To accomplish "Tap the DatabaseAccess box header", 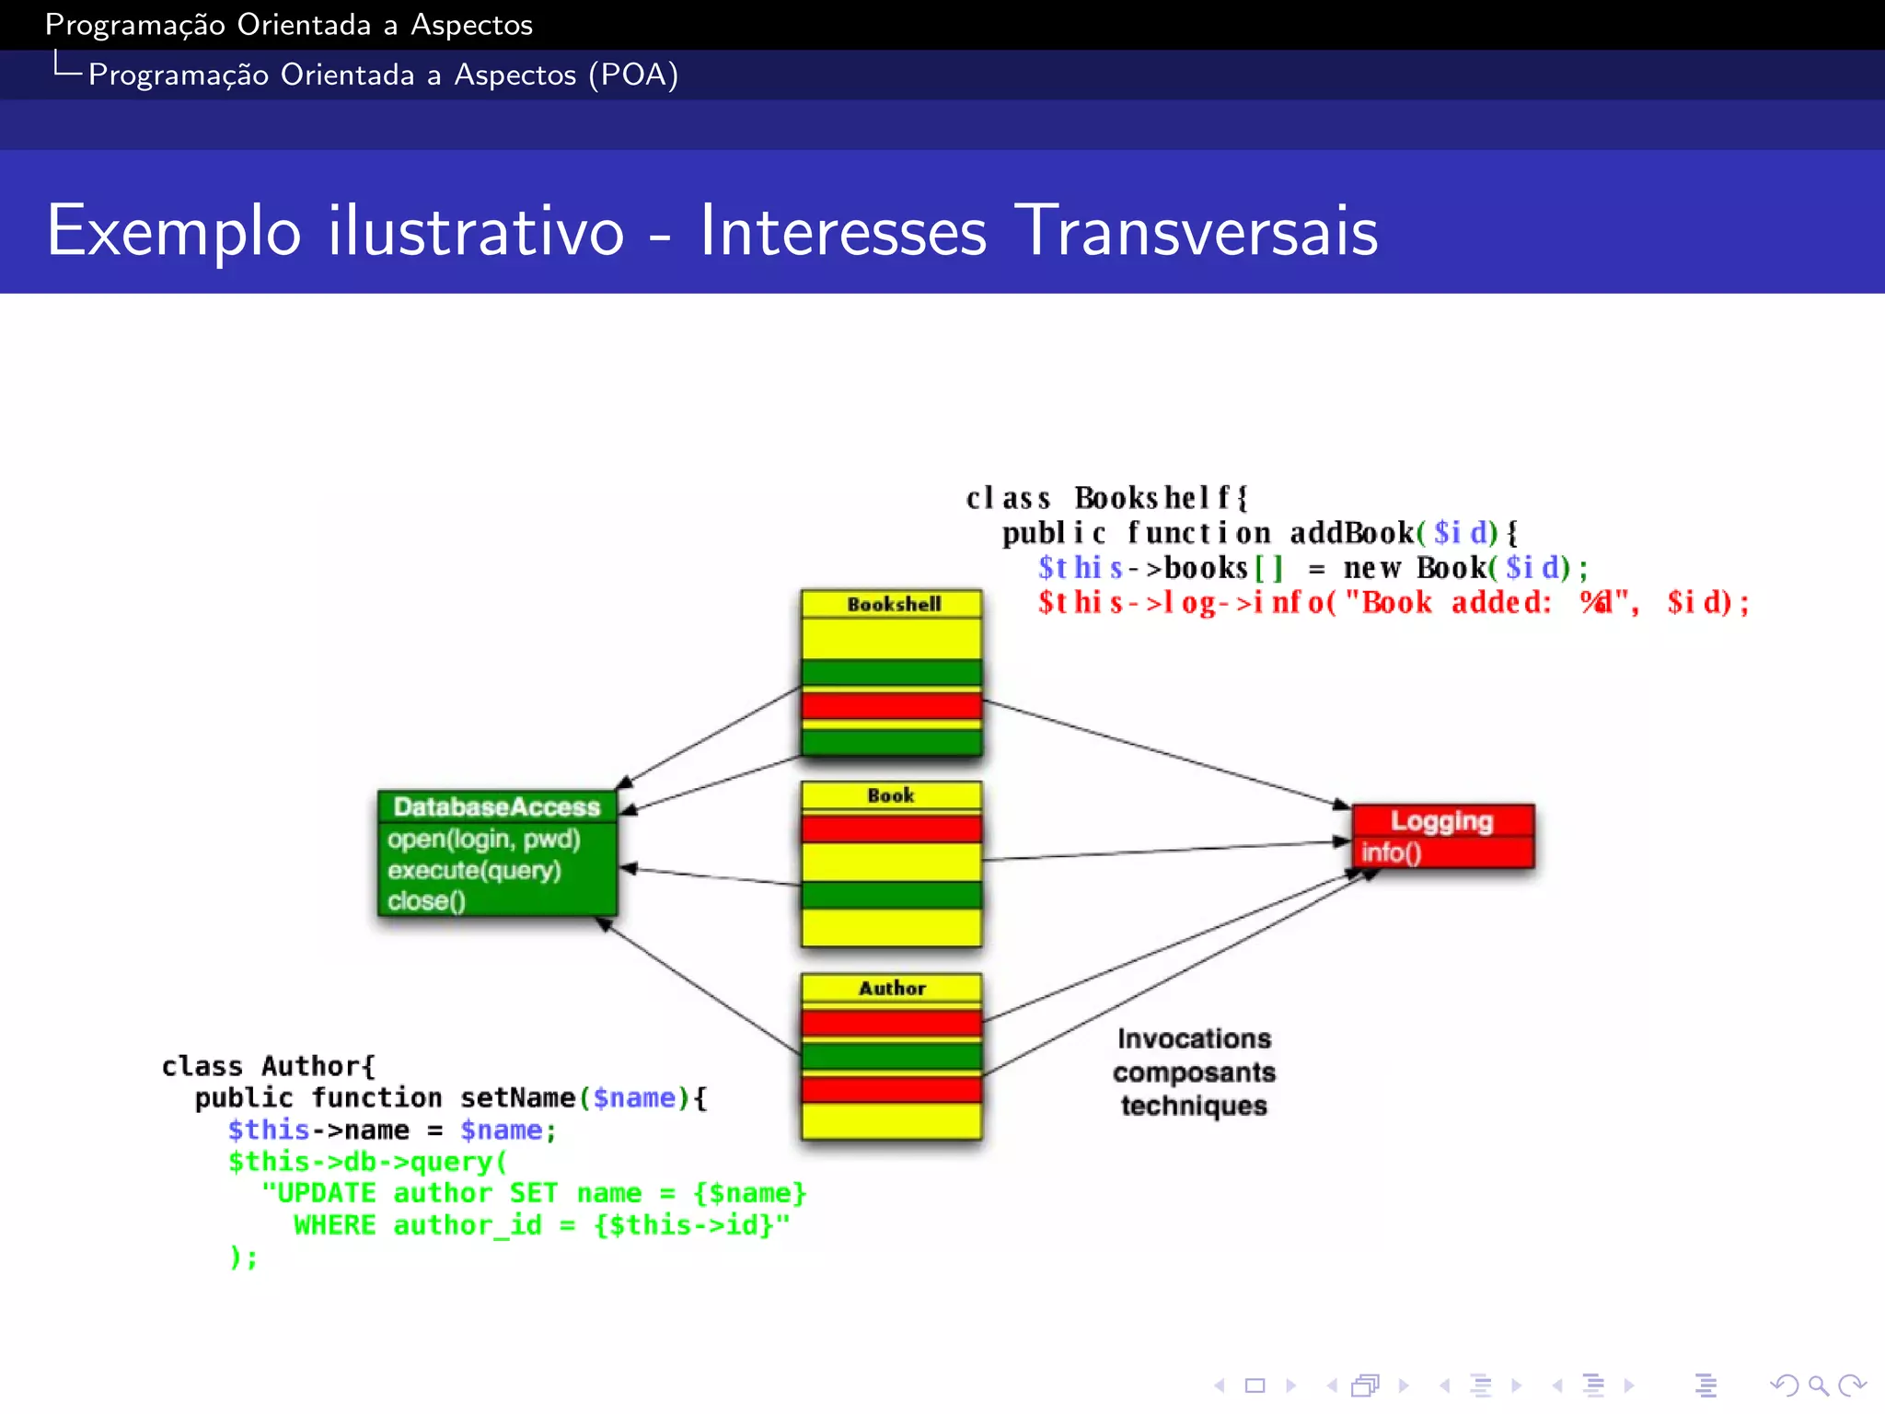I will (496, 807).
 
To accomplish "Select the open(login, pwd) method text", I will (483, 840).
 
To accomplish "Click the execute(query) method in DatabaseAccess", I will (474, 871).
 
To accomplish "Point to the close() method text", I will (426, 901).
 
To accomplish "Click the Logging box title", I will (1441, 821).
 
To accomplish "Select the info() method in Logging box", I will (1392, 852).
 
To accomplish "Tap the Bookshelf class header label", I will (894, 605).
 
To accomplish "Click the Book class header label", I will (891, 796).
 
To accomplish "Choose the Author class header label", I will (892, 989).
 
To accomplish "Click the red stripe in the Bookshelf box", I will (891, 706).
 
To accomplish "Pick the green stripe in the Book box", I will (891, 895).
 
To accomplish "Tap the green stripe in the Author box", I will (891, 1055).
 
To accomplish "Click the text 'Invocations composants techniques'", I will (1194, 1072).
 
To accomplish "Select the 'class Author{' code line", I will (268, 1066).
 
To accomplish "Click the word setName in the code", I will (517, 1098).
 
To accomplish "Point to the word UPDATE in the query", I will (326, 1194).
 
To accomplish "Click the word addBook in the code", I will (1351, 533).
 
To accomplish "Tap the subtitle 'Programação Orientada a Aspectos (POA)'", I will (383, 75).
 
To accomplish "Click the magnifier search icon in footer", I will (1818, 1385).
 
